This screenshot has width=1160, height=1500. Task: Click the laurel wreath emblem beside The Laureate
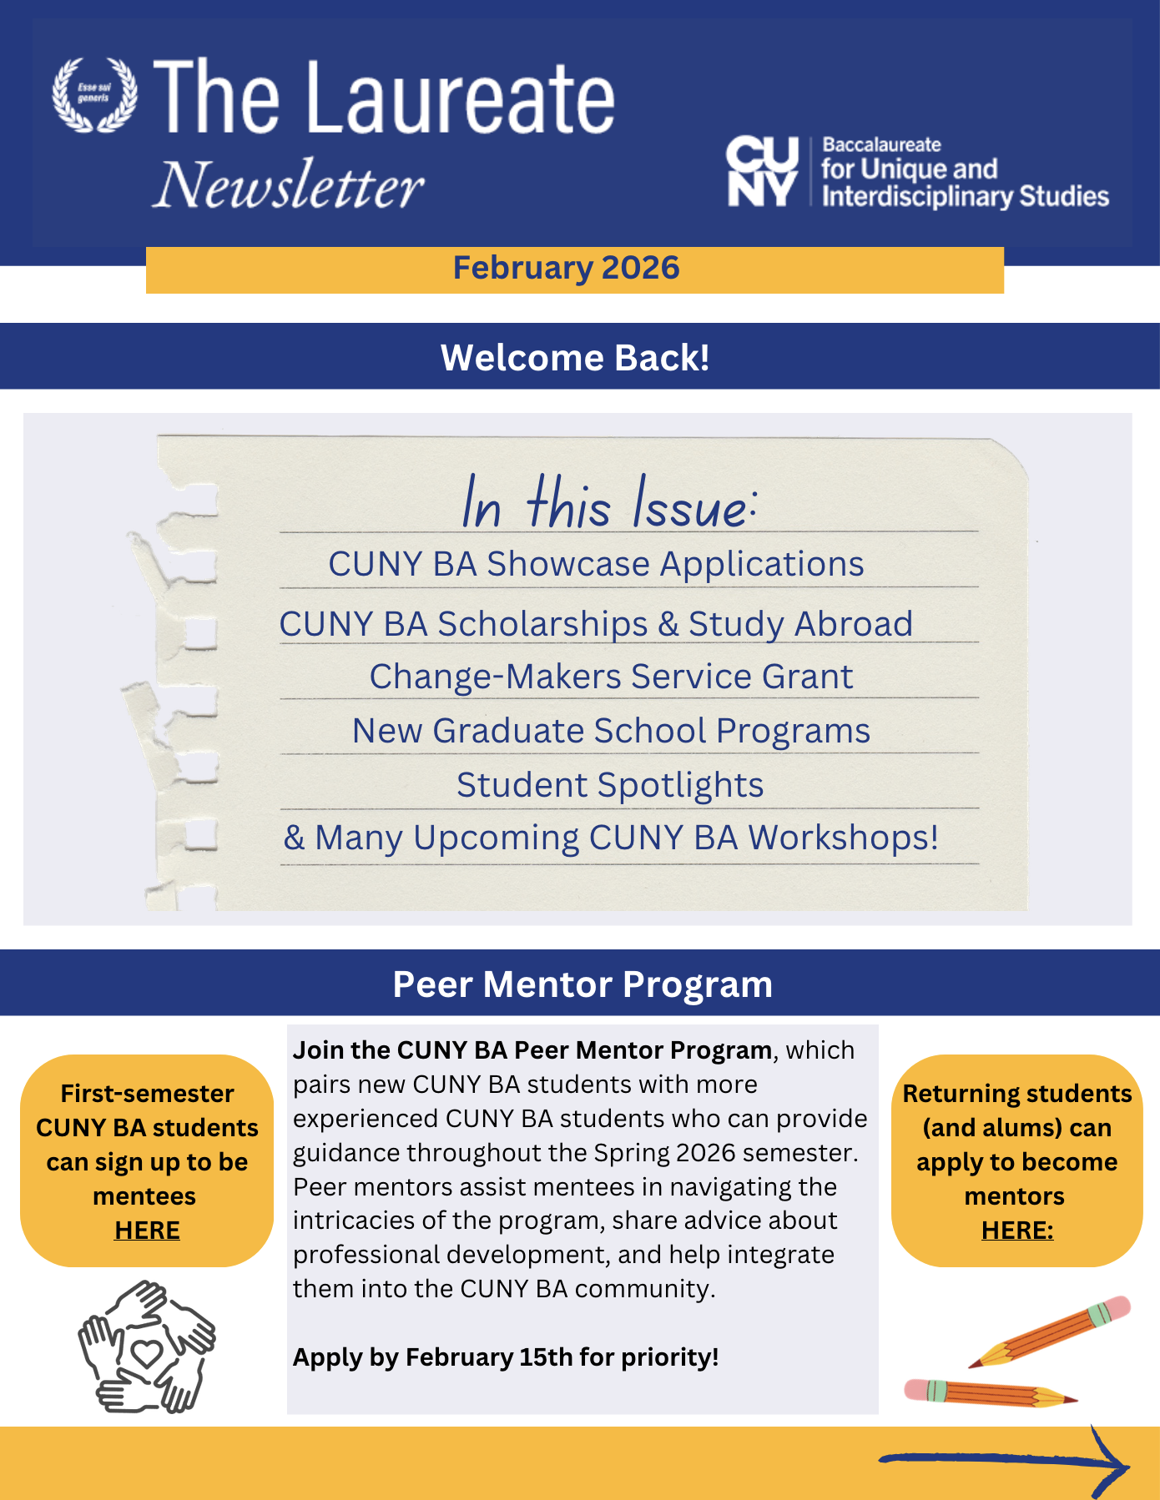[94, 94]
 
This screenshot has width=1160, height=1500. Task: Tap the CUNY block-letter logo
[762, 171]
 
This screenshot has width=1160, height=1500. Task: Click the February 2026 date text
[566, 268]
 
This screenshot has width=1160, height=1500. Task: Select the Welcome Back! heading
[575, 358]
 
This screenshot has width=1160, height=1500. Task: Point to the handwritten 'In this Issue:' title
[609, 503]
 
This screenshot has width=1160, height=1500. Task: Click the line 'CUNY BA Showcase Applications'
[596, 564]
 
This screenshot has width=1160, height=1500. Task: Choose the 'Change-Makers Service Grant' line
[611, 677]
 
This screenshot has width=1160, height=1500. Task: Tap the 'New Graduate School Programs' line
[611, 731]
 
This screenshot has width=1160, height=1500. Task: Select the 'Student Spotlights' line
[610, 785]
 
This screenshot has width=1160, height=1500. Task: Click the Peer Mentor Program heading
[583, 984]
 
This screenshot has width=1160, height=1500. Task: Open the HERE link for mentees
[147, 1231]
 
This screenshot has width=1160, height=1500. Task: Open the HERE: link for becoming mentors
[1017, 1231]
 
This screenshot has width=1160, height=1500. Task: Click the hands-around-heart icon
[147, 1346]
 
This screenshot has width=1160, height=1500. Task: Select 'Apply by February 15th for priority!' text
[506, 1357]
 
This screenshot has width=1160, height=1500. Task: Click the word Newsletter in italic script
[289, 185]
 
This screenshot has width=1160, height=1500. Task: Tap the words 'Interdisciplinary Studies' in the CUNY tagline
[965, 197]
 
